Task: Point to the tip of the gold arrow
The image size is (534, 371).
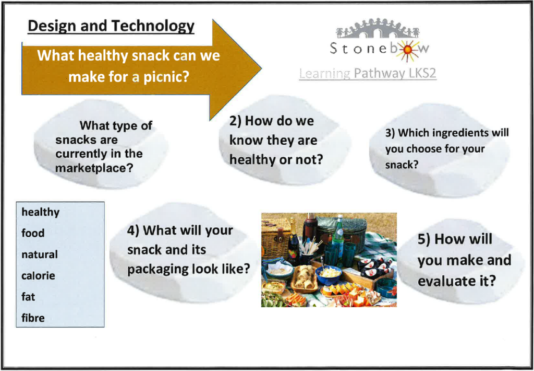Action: point(261,68)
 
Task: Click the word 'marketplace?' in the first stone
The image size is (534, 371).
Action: point(94,168)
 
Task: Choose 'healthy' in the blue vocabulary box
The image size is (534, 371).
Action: point(41,212)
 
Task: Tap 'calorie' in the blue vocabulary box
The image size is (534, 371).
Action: point(38,275)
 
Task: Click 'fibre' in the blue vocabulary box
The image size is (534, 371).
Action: point(33,318)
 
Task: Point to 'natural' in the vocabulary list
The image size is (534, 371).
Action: point(40,254)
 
